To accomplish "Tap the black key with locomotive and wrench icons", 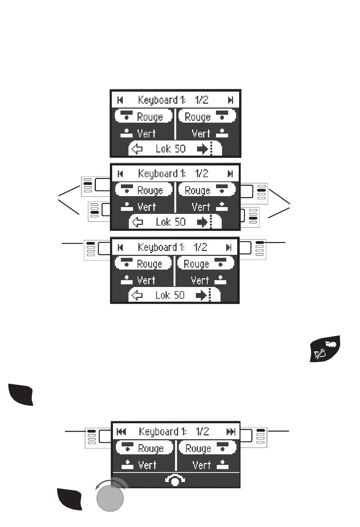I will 325,349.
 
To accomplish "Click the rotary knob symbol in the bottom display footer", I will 175,480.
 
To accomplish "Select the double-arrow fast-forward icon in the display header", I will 230,432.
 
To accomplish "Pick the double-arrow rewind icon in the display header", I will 121,432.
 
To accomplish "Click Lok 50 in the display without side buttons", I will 171,149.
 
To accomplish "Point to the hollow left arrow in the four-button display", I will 137,222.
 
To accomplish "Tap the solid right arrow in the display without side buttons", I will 202,149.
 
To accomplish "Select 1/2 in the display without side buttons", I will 202,100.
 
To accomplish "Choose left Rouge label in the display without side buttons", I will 149,117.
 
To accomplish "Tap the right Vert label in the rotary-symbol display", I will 201,465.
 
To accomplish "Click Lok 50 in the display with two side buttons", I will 170,295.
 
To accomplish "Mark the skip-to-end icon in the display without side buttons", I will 230,100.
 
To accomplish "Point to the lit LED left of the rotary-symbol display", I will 91,431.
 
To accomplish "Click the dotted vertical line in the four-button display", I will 211,222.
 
